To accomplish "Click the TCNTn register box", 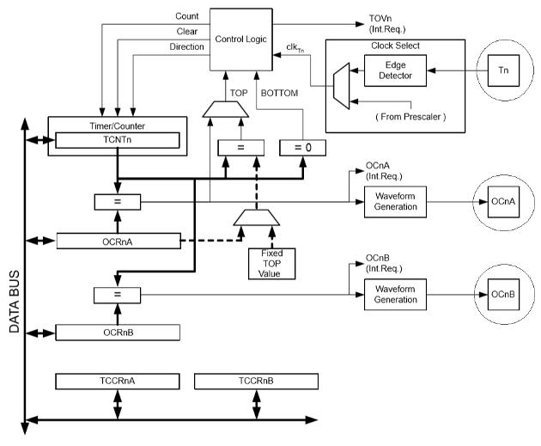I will (118, 140).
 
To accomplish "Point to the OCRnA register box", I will (118, 241).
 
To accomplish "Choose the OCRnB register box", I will (118, 332).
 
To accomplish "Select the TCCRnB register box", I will (255, 381).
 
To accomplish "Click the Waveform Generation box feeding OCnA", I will (395, 201).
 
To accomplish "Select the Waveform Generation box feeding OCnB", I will (395, 294).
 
